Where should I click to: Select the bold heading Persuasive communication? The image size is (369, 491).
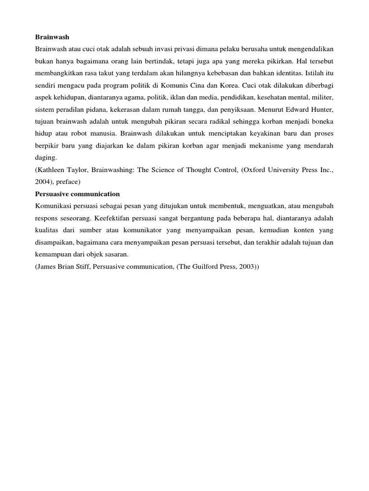77,194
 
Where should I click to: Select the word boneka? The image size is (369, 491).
321,121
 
